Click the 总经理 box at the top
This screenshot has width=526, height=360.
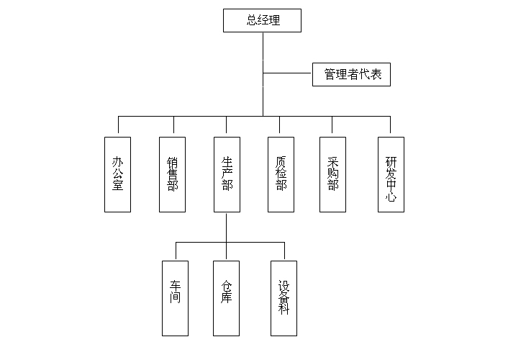click(262, 20)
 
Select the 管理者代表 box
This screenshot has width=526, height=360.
click(351, 74)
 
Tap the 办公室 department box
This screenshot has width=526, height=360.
click(117, 174)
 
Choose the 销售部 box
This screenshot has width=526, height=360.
click(172, 174)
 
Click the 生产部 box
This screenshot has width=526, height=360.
click(227, 174)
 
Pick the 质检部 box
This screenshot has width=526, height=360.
click(281, 174)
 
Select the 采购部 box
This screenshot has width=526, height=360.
click(333, 174)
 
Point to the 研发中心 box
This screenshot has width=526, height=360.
click(391, 174)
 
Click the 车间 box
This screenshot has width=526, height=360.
click(175, 298)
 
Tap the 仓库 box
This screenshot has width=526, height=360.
click(227, 298)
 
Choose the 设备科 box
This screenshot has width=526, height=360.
click(284, 298)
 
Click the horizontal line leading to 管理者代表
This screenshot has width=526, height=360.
click(288, 73)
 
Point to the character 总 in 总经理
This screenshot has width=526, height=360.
click(252, 21)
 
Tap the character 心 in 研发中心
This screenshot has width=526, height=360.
click(391, 197)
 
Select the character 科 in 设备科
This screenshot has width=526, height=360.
click(284, 310)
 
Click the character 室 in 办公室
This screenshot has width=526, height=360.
click(117, 186)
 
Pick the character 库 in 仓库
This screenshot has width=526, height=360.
click(227, 297)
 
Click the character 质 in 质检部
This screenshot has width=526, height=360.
click(281, 162)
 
